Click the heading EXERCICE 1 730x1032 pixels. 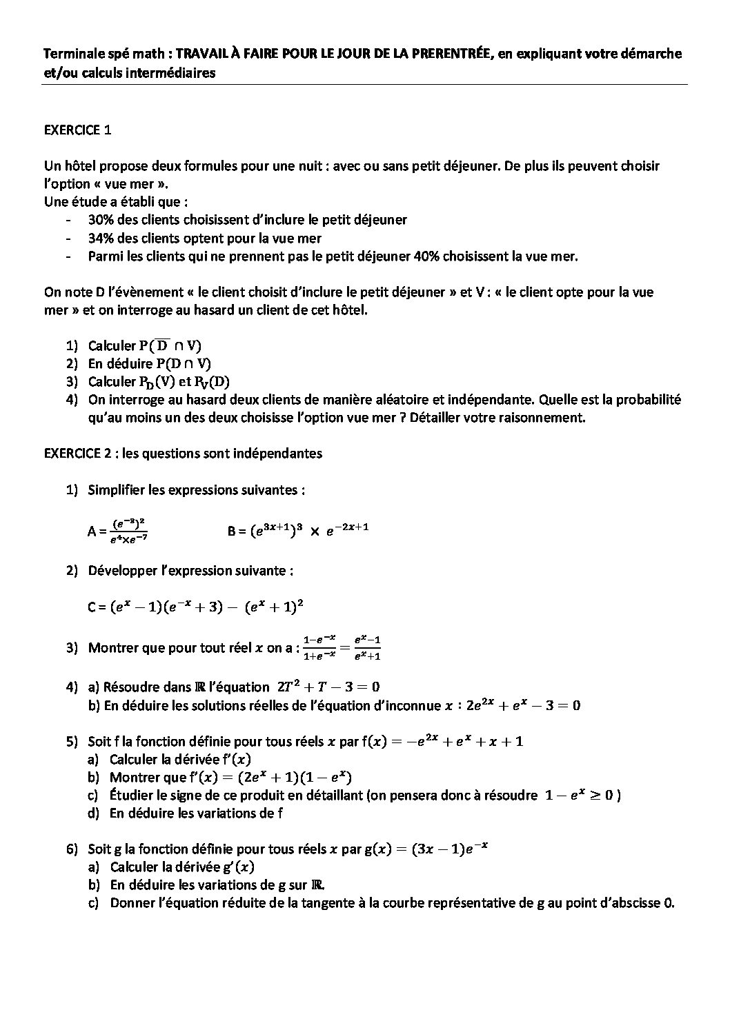coord(77,130)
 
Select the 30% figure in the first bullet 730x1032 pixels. coord(101,220)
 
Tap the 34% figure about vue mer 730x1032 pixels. coord(101,238)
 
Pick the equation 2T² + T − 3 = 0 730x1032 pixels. coord(328,687)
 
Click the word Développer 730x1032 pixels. coord(120,571)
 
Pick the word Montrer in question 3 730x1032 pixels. coord(112,648)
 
